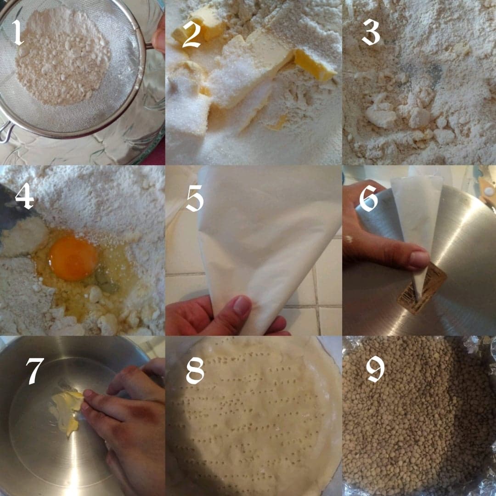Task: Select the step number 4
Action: pos(24,197)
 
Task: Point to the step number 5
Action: pos(194,198)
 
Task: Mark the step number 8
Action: pos(195,370)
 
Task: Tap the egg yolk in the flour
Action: pos(73,259)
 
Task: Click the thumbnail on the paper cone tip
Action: pos(418,259)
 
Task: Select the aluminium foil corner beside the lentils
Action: pos(482,349)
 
